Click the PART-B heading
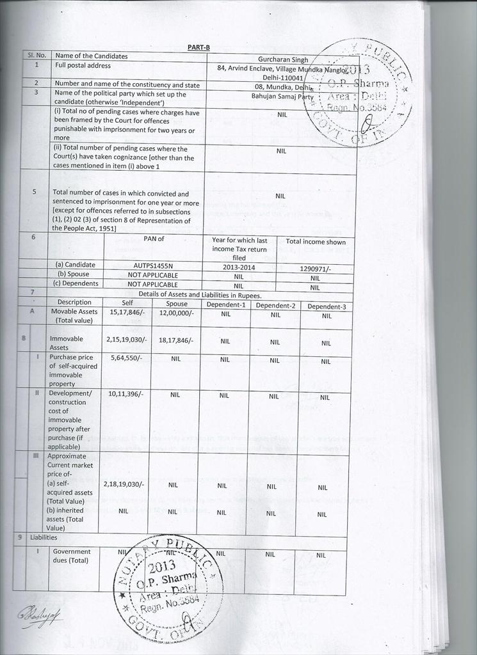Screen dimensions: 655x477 [x=198, y=47]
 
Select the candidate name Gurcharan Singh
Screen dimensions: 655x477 [x=282, y=59]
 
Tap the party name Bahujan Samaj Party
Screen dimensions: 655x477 [x=282, y=95]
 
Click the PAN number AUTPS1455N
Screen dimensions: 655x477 [x=153, y=265]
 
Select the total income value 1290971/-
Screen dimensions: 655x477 [x=315, y=269]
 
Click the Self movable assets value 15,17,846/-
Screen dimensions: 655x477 [x=126, y=312]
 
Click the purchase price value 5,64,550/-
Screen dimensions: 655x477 [x=125, y=358]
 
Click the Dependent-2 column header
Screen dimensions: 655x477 [x=275, y=305]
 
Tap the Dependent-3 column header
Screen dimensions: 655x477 [x=327, y=306]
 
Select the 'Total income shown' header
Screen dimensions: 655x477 [x=316, y=242]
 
